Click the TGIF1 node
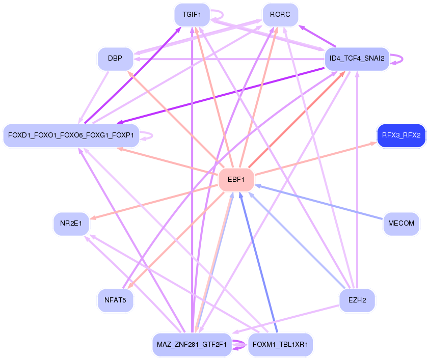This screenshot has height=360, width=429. [192, 15]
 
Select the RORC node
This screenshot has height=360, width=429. [280, 15]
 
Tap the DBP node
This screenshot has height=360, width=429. [115, 59]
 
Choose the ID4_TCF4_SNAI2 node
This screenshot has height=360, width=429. [357, 59]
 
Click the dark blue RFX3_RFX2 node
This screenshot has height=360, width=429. [401, 135]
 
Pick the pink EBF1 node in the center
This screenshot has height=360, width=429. [236, 179]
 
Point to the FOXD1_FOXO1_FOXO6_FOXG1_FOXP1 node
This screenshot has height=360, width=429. [71, 135]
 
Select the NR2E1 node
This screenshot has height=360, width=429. [71, 224]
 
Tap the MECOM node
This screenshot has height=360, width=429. [401, 224]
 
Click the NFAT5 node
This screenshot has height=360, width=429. [115, 300]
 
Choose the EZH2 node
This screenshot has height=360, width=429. [357, 300]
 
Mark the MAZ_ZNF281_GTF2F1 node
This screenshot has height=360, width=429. [192, 345]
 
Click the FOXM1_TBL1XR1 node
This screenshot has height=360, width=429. [280, 345]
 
